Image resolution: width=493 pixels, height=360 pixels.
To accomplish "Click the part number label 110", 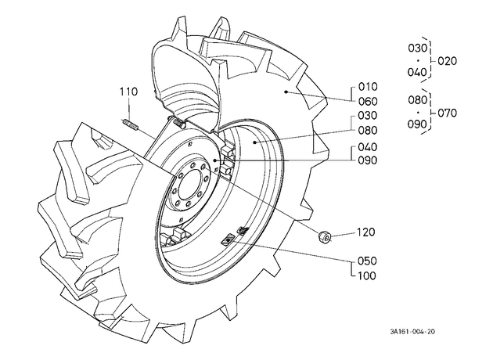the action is coord(128,92).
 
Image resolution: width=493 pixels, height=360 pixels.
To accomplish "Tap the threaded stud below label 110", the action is coord(130,124).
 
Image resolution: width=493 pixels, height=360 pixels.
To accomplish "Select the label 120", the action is coord(366,232).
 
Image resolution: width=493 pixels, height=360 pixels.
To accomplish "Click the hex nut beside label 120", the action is coord(324,237).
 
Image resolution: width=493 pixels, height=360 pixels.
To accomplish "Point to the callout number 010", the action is coord(368,87).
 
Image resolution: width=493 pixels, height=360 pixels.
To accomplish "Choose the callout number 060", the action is coord(368,102).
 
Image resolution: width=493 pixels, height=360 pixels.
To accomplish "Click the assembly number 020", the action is coord(447,61).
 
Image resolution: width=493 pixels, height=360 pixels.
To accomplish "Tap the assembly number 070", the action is coord(447,113).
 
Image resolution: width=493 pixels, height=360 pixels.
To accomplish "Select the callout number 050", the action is coord(367,261).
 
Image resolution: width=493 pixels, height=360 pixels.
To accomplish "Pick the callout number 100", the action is coord(367,275).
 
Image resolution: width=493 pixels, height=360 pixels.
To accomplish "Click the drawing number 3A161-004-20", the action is coord(412,332).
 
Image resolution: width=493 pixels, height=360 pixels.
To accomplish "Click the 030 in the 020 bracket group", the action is coord(418,48).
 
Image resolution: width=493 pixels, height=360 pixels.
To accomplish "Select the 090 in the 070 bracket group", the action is coord(418,124).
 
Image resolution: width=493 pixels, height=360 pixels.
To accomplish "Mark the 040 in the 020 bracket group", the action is coord(418,72).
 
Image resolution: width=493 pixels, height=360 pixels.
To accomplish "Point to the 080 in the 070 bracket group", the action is coord(418,100).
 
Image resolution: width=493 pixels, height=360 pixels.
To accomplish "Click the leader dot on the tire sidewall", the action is coord(286,92).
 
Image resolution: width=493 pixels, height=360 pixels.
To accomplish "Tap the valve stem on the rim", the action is coord(243,231).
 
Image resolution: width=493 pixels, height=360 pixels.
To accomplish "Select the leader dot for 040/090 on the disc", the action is coord(214,160).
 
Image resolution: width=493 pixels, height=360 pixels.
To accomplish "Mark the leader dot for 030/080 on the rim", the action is coord(254,142).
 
